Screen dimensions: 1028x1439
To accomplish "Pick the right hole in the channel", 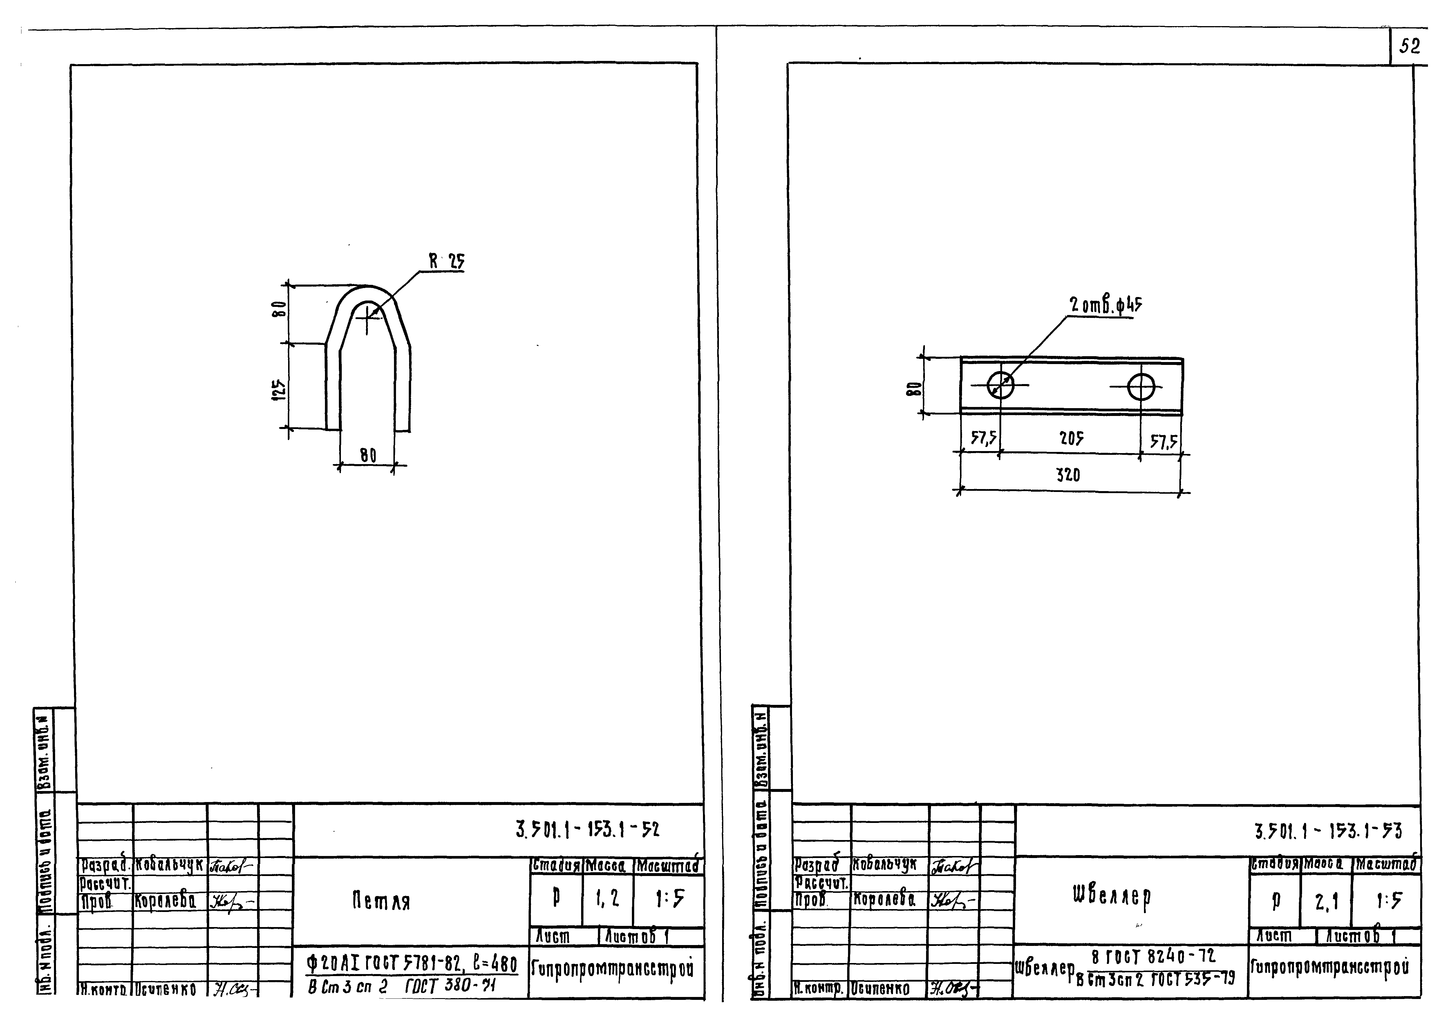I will pyautogui.click(x=1141, y=386).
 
